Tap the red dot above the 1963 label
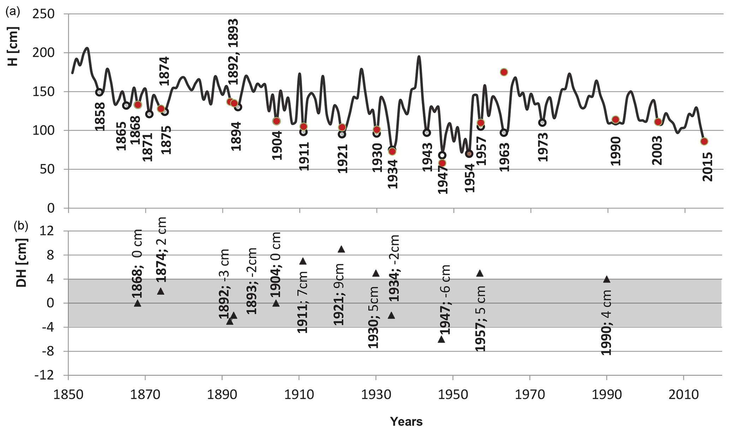[504, 72]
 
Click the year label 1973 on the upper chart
[542, 147]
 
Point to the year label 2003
[657, 151]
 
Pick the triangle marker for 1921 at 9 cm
[341, 249]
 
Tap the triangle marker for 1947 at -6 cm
[441, 339]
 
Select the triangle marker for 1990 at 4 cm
[607, 279]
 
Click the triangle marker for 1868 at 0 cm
[137, 303]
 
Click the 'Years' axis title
[406, 421]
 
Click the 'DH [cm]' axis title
[22, 268]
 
